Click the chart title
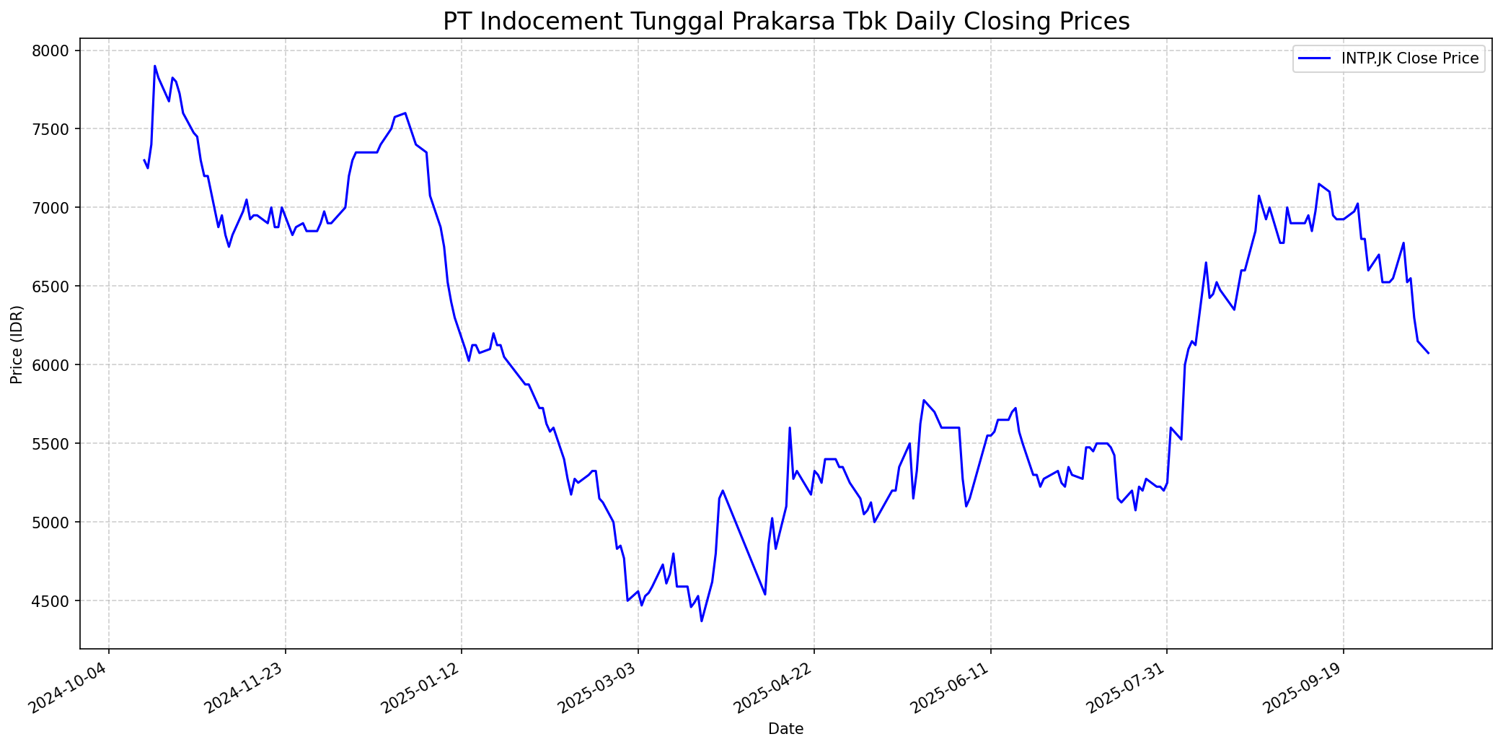pyautogui.click(x=786, y=22)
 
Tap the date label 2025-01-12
pyautogui.click(x=421, y=687)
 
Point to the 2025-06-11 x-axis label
pyautogui.click(x=950, y=687)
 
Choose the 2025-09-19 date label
pyautogui.click(x=1303, y=687)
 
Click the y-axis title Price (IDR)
pyautogui.click(x=17, y=344)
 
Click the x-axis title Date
pyautogui.click(x=786, y=729)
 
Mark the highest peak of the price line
pyautogui.click(x=155, y=66)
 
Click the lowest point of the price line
pyautogui.click(x=702, y=621)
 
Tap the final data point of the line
pyautogui.click(x=1429, y=353)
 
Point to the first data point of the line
pyautogui.click(x=144, y=160)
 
